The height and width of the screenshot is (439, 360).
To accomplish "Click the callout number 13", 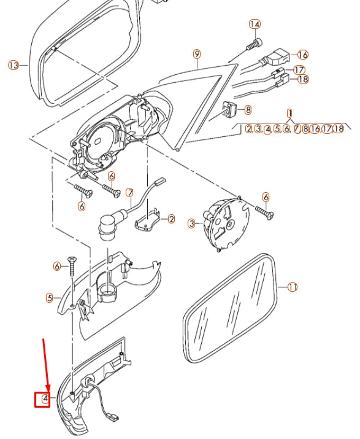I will pos(13,64).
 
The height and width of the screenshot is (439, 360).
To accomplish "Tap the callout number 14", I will pos(255,25).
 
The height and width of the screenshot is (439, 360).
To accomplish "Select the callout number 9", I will pos(197,54).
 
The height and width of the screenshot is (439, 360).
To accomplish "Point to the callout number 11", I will pos(293,287).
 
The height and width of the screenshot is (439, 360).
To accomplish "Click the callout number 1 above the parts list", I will pos(289,113).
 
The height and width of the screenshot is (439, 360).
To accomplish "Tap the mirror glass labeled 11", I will pos(229,307).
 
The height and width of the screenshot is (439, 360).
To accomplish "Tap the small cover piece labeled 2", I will pos(150,219).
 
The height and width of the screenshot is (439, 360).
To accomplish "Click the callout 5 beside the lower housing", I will pos(50,298).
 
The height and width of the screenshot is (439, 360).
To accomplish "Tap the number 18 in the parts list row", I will pos(339,129).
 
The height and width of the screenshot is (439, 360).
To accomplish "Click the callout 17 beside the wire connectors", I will pos(299,70).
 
